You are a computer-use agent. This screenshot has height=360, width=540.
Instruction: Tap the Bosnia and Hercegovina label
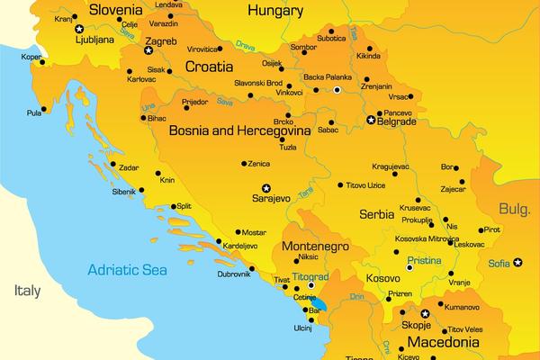239,130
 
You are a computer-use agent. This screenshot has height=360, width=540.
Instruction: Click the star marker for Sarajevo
254,188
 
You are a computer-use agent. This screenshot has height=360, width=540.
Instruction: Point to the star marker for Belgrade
370,120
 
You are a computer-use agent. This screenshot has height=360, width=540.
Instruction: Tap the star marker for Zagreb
148,50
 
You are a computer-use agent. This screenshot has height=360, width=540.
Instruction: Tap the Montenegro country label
315,245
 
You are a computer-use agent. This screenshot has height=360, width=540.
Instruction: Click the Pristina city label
424,260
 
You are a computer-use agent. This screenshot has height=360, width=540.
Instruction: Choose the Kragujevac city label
391,166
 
